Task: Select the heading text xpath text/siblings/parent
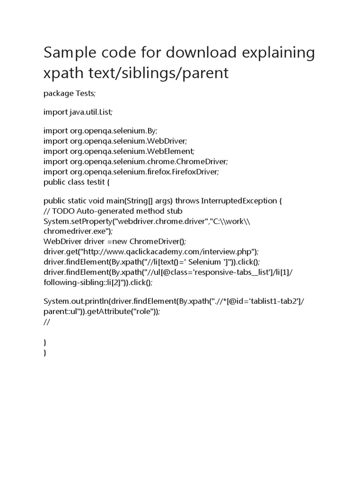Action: point(136,73)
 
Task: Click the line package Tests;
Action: point(69,93)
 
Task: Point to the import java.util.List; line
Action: point(78,112)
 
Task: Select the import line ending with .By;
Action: point(104,131)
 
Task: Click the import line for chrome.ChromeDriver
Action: point(135,161)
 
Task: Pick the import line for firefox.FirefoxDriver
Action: point(131,172)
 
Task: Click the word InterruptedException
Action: point(239,201)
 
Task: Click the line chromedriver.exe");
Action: point(78,231)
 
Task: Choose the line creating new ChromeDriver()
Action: point(115,241)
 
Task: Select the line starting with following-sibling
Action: point(98,282)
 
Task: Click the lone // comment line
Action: point(46,322)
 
